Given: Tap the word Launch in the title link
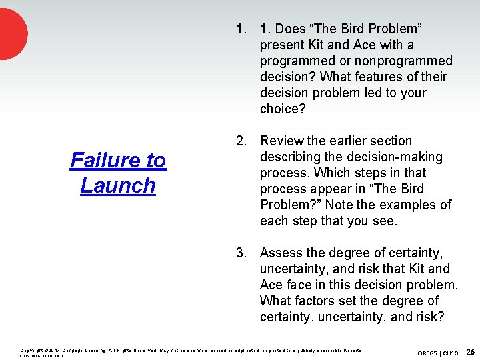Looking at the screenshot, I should point(118,185).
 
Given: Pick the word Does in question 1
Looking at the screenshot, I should point(291,29).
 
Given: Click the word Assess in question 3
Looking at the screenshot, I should point(283,253).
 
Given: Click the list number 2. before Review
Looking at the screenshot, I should point(241,141).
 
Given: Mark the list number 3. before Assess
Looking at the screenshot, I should point(241,253).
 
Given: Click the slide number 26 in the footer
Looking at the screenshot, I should point(471,351).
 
